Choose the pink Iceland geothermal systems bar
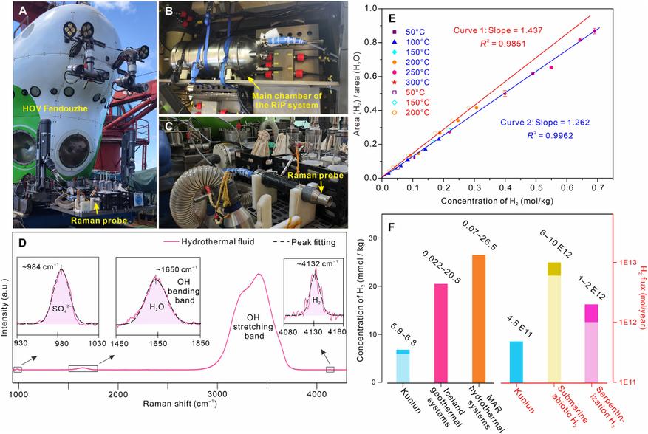[x=443, y=333]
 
